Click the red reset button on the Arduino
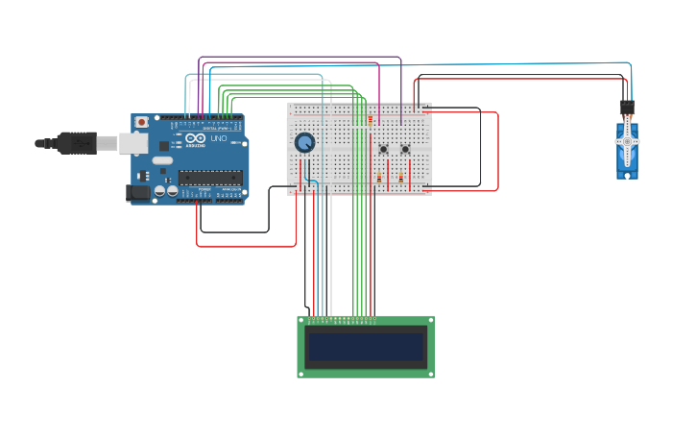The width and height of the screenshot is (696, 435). point(142,122)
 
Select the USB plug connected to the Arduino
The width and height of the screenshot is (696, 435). point(77,143)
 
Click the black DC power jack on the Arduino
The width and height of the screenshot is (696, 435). point(138,193)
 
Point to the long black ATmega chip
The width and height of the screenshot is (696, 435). point(209,176)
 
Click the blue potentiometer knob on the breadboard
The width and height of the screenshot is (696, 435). point(304,143)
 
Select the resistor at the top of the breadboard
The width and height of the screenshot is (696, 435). point(370,121)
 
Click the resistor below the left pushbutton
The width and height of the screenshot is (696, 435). point(379,179)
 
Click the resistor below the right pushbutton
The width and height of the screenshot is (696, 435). point(400,179)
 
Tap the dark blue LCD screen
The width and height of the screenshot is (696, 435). point(366,347)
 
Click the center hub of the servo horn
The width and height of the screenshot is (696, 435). point(627,142)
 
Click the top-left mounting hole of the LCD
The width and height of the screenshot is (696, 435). point(302,322)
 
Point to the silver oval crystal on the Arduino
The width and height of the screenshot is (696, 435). point(160,161)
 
